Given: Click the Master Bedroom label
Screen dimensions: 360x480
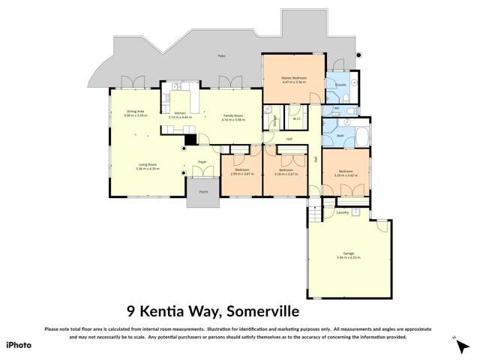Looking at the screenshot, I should coord(294,78).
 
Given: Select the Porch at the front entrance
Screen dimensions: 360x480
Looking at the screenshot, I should coord(202,193).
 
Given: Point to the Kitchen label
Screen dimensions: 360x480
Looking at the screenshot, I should coord(180,113).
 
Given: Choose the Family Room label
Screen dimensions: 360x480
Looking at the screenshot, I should coord(233,115).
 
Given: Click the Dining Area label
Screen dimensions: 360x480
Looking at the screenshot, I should coord(135,112).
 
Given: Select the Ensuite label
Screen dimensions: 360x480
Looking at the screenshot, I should coord(340,85).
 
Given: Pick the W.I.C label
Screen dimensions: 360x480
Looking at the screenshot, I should coord(296,118).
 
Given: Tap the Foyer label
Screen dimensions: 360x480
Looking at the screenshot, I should coord(202,161).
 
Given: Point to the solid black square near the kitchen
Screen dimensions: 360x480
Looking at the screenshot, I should coord(190,139).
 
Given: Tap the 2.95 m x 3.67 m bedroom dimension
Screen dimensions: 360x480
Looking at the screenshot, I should coord(242,172).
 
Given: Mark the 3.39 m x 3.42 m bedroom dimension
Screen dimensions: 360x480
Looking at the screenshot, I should coord(345,174).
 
